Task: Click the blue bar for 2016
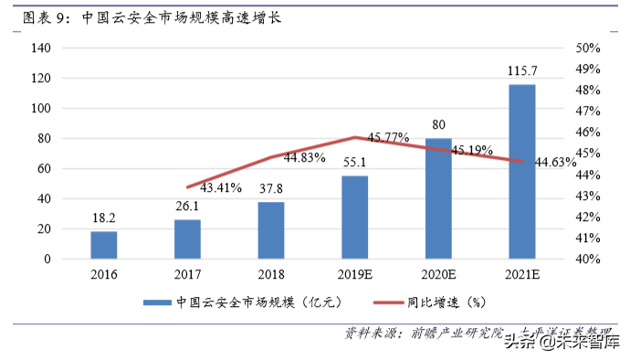(104, 245)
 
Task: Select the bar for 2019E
(355, 217)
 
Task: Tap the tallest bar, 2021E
(522, 172)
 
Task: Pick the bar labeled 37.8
(271, 230)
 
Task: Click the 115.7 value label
(522, 70)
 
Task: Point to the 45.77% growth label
(388, 137)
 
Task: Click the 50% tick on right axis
(588, 48)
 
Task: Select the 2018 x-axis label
(271, 274)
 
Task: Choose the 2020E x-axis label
(438, 274)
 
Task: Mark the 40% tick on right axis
(588, 259)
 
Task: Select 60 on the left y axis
(41, 169)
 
